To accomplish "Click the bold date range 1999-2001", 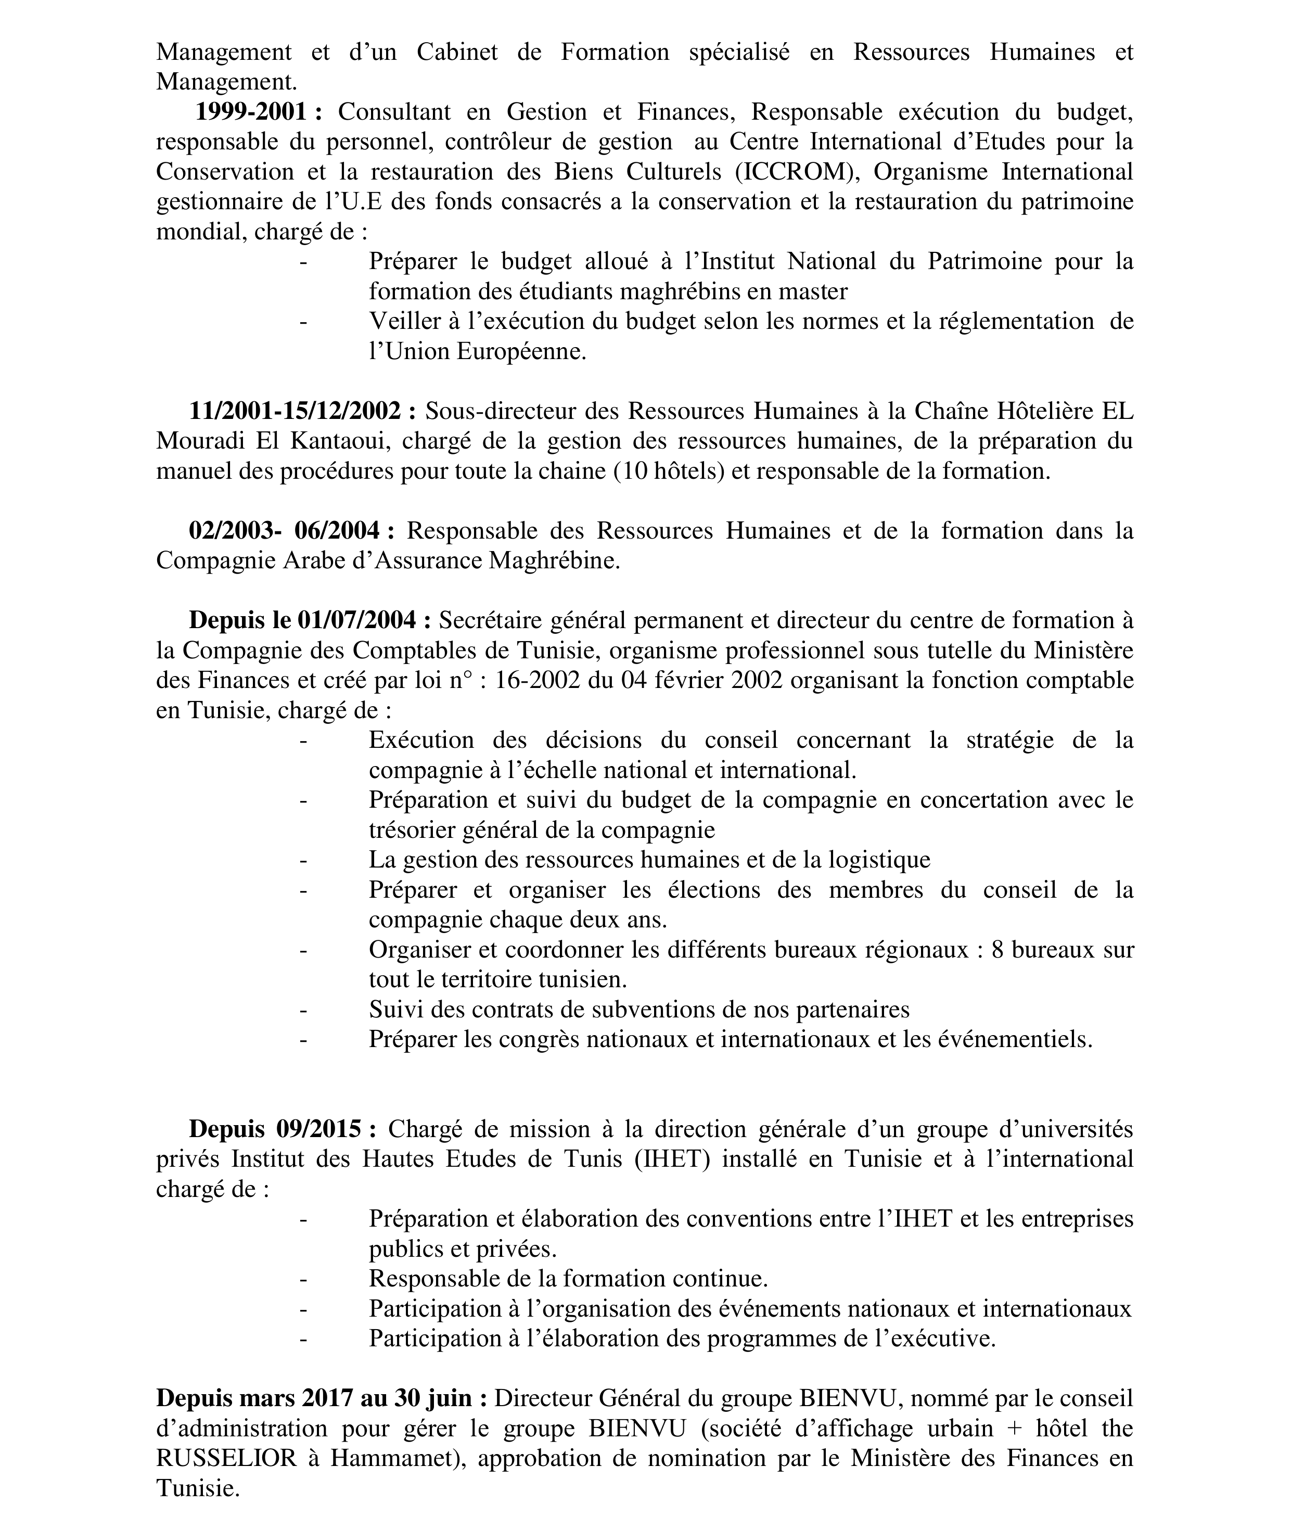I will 250,112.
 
